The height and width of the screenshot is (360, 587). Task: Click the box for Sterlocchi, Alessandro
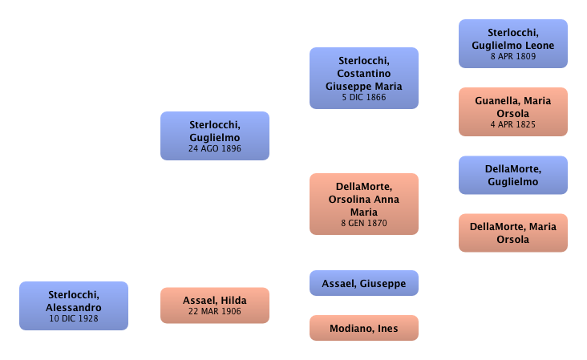74,305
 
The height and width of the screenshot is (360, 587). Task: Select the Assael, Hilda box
214,305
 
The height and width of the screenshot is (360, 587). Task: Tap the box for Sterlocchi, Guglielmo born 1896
214,136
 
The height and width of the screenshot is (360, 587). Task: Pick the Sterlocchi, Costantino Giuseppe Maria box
365,78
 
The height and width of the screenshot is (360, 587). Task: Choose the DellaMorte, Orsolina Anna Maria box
365,204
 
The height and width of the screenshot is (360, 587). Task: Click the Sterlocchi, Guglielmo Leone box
513,44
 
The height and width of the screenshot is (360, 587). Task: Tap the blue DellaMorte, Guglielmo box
513,175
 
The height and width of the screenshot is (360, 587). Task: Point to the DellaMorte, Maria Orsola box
513,233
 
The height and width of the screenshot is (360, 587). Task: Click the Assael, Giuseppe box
364,283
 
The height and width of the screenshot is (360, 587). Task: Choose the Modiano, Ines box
364,328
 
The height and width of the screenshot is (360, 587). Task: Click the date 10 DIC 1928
74,318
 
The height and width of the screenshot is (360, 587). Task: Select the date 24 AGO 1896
214,148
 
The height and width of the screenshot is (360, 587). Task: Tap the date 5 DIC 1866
365,97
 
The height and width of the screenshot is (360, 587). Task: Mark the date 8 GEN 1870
365,223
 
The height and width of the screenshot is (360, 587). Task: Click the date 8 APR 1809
513,56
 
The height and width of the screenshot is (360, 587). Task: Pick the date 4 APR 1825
513,124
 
